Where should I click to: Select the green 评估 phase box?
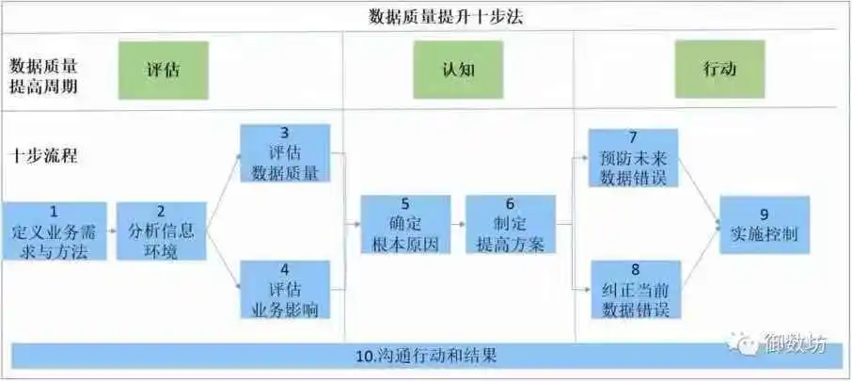point(163,70)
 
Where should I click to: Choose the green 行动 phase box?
point(718,70)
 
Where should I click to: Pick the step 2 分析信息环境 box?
point(161,230)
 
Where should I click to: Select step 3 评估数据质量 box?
point(285,152)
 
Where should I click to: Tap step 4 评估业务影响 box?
point(285,289)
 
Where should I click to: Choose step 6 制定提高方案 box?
point(511,224)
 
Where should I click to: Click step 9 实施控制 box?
point(764,224)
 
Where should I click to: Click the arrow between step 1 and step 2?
point(111,230)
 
